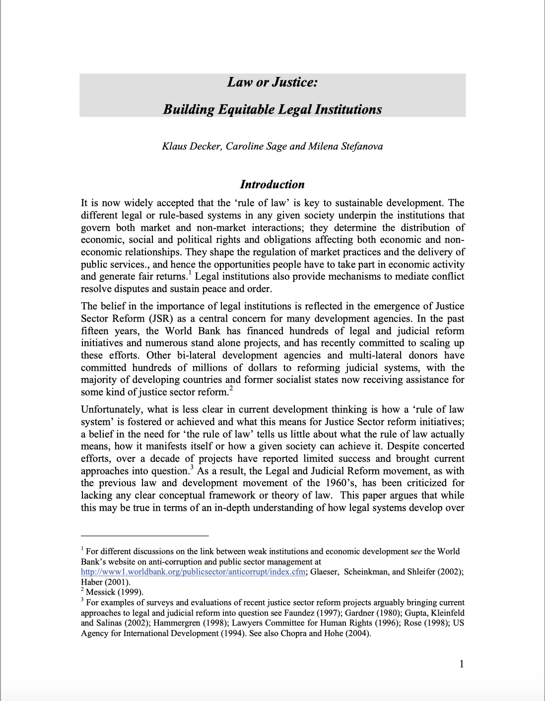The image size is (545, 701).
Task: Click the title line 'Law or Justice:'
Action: tap(272, 82)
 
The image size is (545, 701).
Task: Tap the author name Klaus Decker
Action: tap(192, 146)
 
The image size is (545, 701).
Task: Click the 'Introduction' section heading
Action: tap(272, 185)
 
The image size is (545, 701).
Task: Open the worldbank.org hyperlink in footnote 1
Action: tap(193, 571)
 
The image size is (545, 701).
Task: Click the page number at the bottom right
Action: tap(462, 664)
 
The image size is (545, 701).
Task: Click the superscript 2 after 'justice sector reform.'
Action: tap(231, 389)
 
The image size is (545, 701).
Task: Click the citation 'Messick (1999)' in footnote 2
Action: tap(114, 592)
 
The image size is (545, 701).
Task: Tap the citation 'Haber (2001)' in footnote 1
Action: tap(105, 582)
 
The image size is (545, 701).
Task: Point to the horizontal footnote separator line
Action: tap(144, 536)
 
